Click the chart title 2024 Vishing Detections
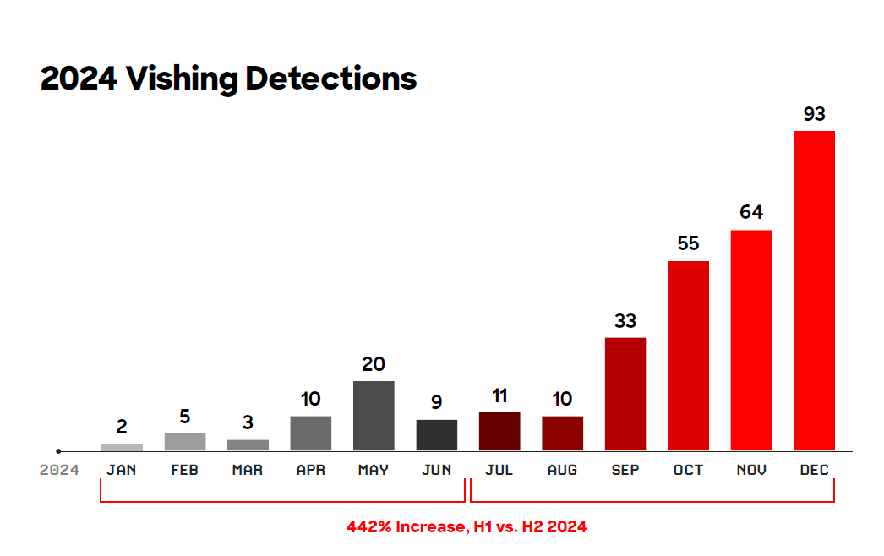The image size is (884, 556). [x=228, y=79]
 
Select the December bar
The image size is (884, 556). [x=814, y=291]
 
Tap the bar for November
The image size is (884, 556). [x=751, y=340]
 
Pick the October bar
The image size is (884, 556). [x=688, y=355]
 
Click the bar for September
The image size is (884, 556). [x=625, y=394]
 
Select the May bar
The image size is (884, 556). [x=374, y=416]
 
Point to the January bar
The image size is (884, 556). [x=122, y=447]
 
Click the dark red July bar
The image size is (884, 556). [x=499, y=431]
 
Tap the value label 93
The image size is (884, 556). [x=814, y=114]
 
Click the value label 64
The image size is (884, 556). [x=751, y=212]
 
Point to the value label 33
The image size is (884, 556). [x=625, y=321]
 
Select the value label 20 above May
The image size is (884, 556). [x=374, y=364]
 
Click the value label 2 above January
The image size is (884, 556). [x=122, y=428]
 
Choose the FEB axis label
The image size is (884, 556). [x=184, y=470]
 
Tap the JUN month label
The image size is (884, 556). [x=437, y=470]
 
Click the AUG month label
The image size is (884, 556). [x=562, y=470]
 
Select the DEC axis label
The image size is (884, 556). [x=814, y=470]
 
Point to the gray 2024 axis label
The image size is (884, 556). [x=59, y=470]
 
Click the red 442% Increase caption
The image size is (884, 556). [x=467, y=526]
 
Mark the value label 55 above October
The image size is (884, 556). [x=688, y=243]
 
